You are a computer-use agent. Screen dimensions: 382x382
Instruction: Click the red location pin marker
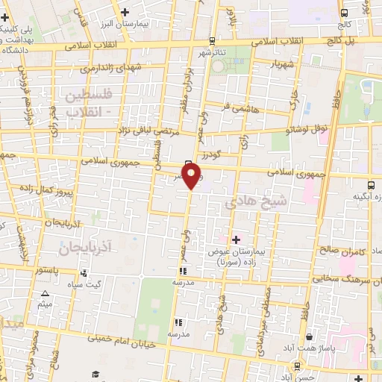[192, 176]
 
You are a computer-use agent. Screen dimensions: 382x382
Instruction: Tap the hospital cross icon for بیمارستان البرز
[125, 11]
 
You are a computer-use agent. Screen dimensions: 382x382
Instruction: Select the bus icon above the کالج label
[344, 13]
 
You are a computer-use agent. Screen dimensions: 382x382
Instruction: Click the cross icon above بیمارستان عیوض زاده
[237, 239]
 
